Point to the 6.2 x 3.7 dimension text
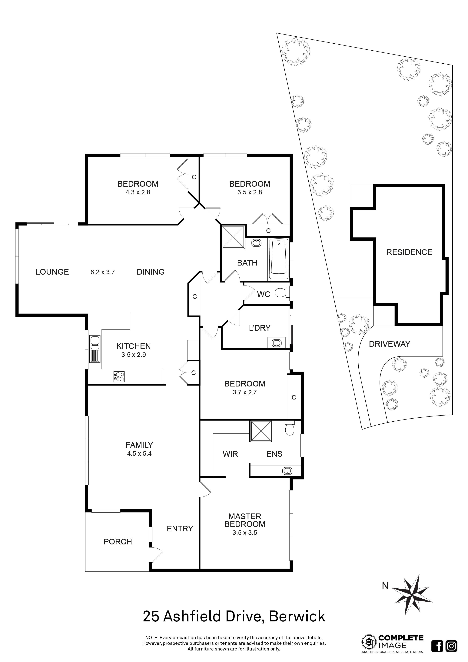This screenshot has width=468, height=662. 103,272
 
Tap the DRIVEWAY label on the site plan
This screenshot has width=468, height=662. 389,344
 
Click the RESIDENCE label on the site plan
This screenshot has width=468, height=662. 409,252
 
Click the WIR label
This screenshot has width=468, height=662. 230,454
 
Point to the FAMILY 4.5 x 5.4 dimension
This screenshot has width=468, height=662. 139,453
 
